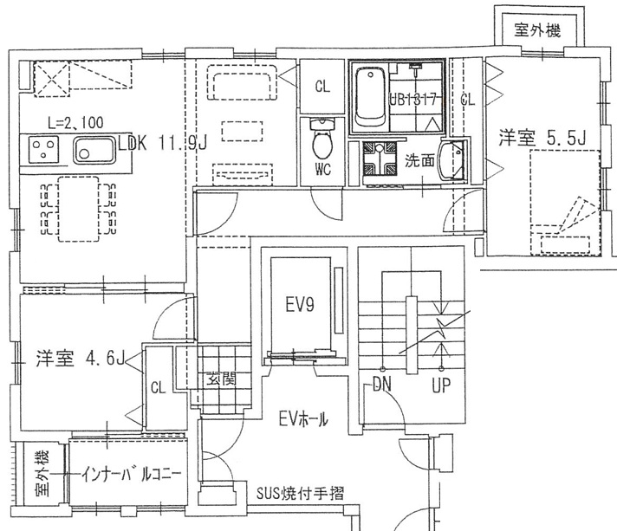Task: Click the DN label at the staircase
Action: coord(385,385)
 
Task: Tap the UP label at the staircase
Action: coord(441,385)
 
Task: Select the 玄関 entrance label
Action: coord(217,379)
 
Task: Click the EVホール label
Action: coord(302,420)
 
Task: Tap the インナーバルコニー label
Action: coord(132,475)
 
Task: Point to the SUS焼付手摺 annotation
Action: coord(300,494)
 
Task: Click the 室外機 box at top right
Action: coord(537,29)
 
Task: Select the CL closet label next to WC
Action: coord(322,86)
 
